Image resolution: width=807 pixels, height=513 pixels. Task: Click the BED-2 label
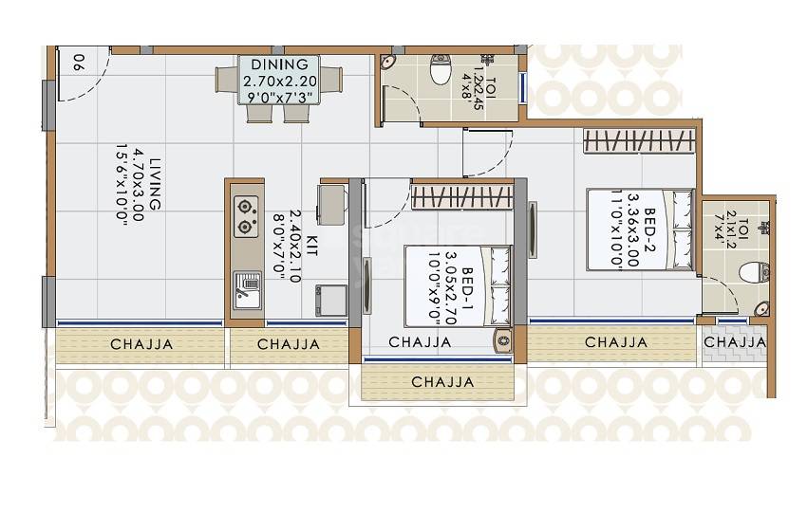coord(651,229)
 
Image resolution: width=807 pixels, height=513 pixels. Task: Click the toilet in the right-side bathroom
coord(753,273)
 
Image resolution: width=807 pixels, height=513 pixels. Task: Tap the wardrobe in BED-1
coord(462,197)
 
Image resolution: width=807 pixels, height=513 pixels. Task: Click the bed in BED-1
coord(458,285)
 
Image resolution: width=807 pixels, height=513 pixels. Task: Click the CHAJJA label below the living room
coord(141,344)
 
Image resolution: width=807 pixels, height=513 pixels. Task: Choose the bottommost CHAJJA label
coord(442,383)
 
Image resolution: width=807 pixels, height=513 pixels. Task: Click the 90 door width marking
coord(78,64)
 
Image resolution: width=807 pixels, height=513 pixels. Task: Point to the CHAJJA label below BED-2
coord(616,342)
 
